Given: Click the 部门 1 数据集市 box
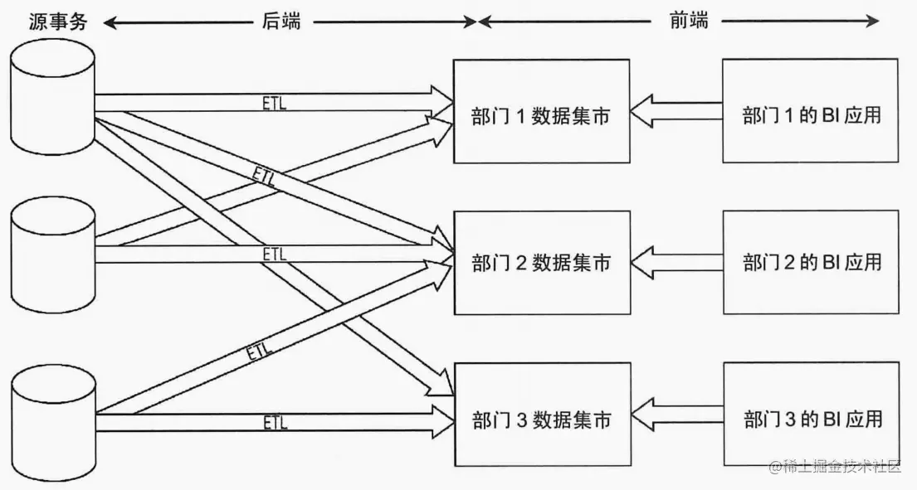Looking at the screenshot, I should coord(540,111).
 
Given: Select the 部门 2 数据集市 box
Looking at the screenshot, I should coord(540,262).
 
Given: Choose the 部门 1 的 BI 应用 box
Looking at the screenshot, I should coord(810,111).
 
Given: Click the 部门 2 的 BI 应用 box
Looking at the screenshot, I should coord(810,262).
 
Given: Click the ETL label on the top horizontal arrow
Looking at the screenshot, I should coord(274,101).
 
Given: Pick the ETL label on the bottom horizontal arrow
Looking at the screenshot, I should coord(275,423).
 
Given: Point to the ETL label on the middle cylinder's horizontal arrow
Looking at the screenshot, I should coord(274,254).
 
